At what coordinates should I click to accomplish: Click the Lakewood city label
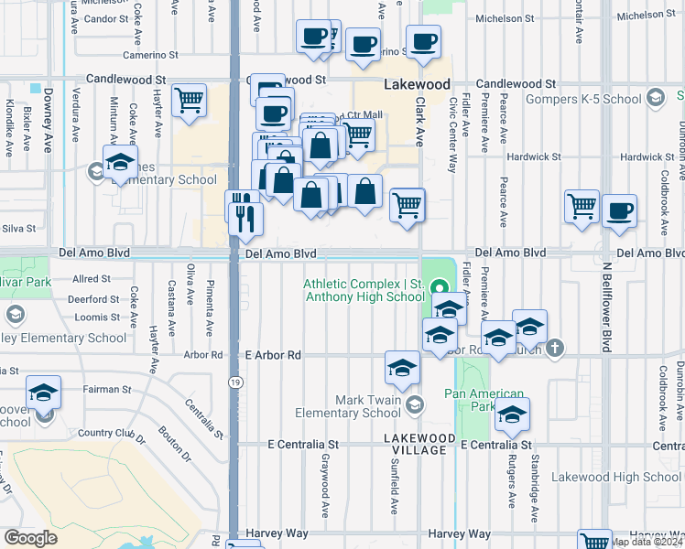417,83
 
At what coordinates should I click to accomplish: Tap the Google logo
30,537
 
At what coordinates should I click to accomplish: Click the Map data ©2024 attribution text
647,542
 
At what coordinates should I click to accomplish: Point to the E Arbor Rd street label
273,355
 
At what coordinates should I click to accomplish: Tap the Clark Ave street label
421,124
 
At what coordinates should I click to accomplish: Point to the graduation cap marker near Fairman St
43,393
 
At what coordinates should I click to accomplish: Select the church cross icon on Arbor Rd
554,349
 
